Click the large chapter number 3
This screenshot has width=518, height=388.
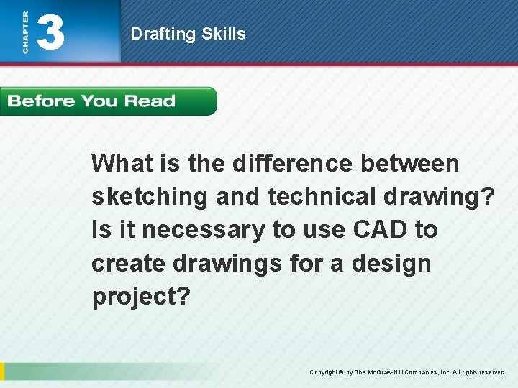pos(50,33)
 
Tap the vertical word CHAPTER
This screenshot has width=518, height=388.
pos(26,32)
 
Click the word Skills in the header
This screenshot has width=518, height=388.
pos(223,34)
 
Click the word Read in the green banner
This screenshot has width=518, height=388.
pos(150,101)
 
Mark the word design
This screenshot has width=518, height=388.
pos(391,263)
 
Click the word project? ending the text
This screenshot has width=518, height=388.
pos(141,296)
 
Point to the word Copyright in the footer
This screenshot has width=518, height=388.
pos(325,372)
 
